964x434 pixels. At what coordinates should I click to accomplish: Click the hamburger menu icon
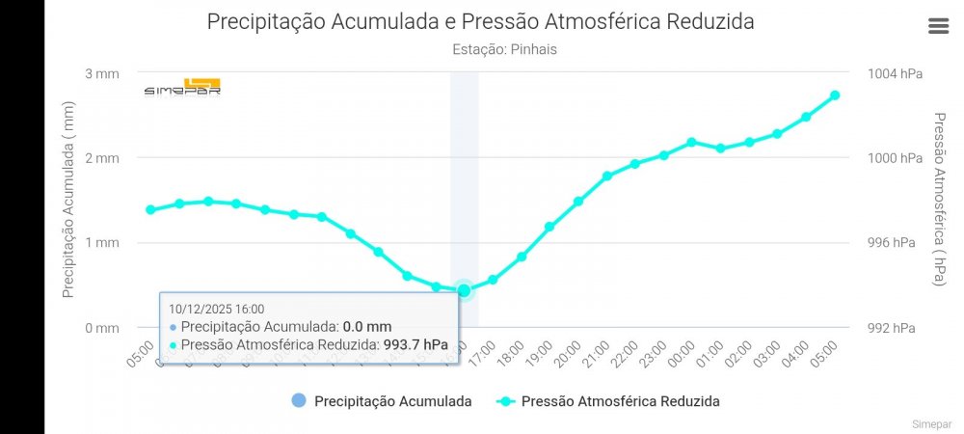[x=938, y=26]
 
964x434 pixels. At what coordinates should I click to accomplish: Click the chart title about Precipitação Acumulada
[x=480, y=21]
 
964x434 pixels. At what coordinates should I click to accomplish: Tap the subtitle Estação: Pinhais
[x=504, y=49]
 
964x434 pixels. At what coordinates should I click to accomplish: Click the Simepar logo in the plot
[x=182, y=87]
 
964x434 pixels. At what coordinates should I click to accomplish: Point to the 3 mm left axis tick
[x=102, y=73]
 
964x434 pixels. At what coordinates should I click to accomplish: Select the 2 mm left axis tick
[x=102, y=157]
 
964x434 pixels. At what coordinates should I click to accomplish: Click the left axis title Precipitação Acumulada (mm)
[x=68, y=200]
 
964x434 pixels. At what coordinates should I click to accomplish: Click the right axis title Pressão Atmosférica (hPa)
[x=940, y=199]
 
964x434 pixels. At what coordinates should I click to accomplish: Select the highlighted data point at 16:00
[x=464, y=290]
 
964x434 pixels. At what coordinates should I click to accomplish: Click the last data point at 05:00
[x=835, y=95]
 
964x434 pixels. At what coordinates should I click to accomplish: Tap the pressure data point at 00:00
[x=691, y=142]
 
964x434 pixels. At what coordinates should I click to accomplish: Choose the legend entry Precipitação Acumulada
[x=381, y=401]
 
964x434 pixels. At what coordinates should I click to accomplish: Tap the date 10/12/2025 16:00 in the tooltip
[x=216, y=309]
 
